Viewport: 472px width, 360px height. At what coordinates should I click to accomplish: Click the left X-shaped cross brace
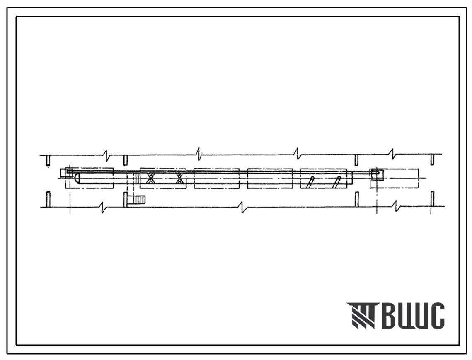pos(150,178)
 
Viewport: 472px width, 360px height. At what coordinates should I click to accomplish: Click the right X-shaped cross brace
pos(180,178)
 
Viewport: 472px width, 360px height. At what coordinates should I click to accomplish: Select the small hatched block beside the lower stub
pos(140,200)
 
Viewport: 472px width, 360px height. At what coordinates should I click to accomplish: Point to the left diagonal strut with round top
pos(310,182)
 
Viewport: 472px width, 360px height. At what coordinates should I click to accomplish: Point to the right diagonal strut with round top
pos(336,182)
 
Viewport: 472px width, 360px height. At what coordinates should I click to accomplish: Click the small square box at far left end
pos(67,173)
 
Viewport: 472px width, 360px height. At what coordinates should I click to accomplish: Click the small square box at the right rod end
pos(377,174)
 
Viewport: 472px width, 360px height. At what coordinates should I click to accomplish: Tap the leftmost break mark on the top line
pos(106,156)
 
